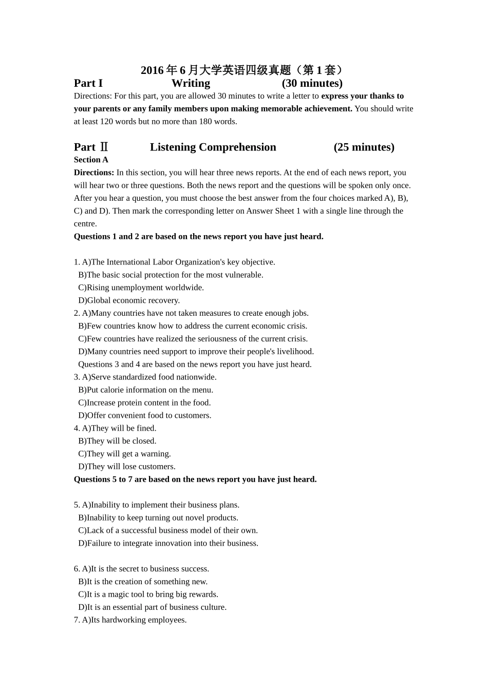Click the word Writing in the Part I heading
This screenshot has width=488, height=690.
[x=191, y=83]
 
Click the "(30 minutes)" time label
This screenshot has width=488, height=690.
[x=312, y=83]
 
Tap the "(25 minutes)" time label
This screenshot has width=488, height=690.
[x=364, y=147]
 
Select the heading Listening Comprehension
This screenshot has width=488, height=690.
[x=213, y=147]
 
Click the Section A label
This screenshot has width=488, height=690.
[x=91, y=160]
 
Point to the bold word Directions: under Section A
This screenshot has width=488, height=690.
[x=94, y=172]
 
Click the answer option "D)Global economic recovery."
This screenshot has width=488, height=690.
[x=129, y=300]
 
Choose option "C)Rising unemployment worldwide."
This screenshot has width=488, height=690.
[x=141, y=287]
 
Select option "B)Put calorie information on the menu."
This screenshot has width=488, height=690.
[x=145, y=390]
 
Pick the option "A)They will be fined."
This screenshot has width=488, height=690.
[x=119, y=428]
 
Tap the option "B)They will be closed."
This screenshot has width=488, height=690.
[x=117, y=441]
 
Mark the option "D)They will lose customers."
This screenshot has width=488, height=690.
[x=127, y=467]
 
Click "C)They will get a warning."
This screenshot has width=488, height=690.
[x=124, y=454]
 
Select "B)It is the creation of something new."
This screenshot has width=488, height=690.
[x=143, y=582]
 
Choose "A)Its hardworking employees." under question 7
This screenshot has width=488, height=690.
[x=134, y=620]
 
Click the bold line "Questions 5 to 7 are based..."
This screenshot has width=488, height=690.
[x=195, y=480]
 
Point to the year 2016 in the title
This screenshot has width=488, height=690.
[x=152, y=70]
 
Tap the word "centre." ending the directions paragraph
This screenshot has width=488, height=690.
[x=85, y=224]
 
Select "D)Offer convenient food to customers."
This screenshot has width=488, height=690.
[x=145, y=415]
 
